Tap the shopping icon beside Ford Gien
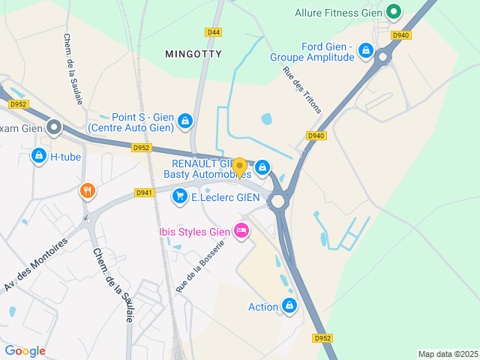(x=365, y=51)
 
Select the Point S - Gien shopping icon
(x=184, y=121)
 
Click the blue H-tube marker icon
(x=38, y=156)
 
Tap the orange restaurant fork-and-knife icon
(x=88, y=191)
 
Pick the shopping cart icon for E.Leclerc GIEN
(x=179, y=197)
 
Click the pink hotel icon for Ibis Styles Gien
(x=241, y=230)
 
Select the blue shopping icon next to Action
(x=289, y=305)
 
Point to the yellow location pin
(x=239, y=166)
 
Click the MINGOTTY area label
(x=194, y=54)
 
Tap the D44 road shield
(x=214, y=32)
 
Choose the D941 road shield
(x=144, y=193)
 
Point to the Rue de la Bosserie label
(x=200, y=266)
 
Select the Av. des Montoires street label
(x=36, y=265)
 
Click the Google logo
(x=25, y=351)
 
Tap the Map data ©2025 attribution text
(x=447, y=354)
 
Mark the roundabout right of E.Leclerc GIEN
(x=278, y=201)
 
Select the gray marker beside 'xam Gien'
(x=54, y=127)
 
